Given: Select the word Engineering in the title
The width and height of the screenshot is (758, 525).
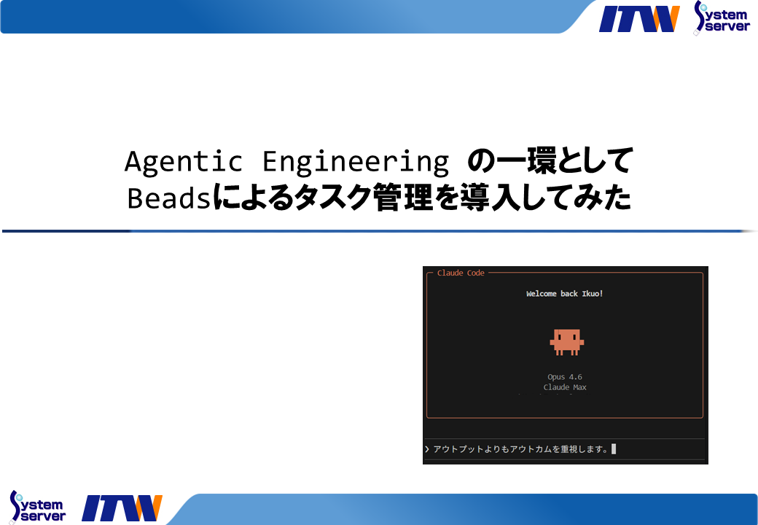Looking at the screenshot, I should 355,162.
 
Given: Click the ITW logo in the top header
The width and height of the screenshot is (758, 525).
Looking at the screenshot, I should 638,19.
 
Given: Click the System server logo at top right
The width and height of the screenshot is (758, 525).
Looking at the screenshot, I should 722,17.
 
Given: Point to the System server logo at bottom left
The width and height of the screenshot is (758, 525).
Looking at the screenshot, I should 37,506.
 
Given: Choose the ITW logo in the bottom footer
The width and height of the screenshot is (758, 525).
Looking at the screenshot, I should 122,508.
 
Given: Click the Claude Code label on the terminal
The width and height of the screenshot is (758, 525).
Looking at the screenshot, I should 461,273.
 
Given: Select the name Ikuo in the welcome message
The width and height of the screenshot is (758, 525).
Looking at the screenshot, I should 590,294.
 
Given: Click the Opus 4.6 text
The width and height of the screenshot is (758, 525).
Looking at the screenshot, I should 565,377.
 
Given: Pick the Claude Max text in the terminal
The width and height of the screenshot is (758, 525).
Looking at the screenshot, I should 565,387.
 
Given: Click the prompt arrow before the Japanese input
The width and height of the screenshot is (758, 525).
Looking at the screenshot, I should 427,449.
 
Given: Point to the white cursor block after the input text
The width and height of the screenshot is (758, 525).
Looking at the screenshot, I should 614,449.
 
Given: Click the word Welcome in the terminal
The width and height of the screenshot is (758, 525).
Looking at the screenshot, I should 542,294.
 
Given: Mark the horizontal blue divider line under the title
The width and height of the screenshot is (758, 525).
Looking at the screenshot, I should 379,231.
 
